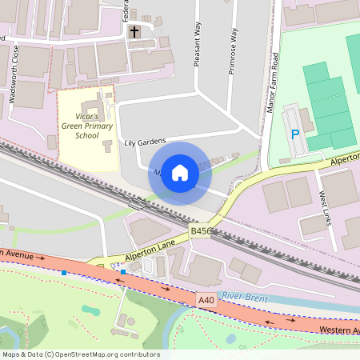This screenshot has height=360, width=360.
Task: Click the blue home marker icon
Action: (x=180, y=173)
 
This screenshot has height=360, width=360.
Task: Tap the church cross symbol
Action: (x=134, y=33)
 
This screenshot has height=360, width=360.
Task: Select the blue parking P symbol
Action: (x=295, y=135)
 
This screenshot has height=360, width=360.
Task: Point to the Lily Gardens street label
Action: (x=145, y=142)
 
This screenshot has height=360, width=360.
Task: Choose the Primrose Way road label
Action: (x=234, y=52)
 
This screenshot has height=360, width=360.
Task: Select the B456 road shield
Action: (x=201, y=230)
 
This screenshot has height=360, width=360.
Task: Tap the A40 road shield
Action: (x=206, y=300)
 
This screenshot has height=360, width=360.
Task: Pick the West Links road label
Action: (x=326, y=206)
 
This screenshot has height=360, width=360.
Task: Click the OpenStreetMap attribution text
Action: (x=80, y=354)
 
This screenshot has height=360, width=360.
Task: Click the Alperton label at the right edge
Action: (x=346, y=160)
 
